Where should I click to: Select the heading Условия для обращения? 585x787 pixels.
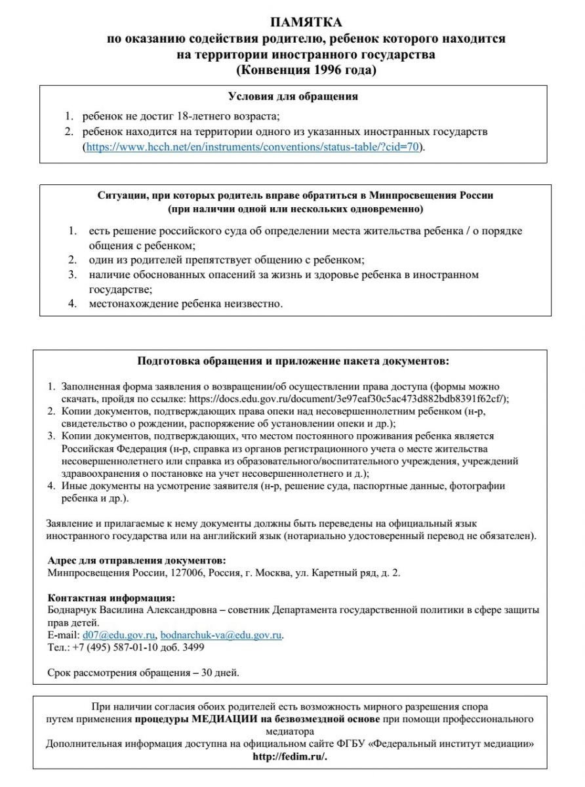(x=292, y=96)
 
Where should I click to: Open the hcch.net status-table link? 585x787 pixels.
(x=252, y=147)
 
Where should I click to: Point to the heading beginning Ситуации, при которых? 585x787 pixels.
(x=295, y=195)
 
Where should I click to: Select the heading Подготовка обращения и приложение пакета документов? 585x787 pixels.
(x=293, y=361)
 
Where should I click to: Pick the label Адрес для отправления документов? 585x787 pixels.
(x=136, y=561)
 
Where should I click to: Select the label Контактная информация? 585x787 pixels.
(x=111, y=597)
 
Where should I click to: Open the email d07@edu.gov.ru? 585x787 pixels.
(x=118, y=635)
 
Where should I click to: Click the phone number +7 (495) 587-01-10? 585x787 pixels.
(x=117, y=647)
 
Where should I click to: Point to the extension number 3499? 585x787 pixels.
(x=193, y=647)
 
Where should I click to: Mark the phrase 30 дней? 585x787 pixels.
(x=220, y=672)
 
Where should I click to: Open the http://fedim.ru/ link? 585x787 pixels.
(x=289, y=756)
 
